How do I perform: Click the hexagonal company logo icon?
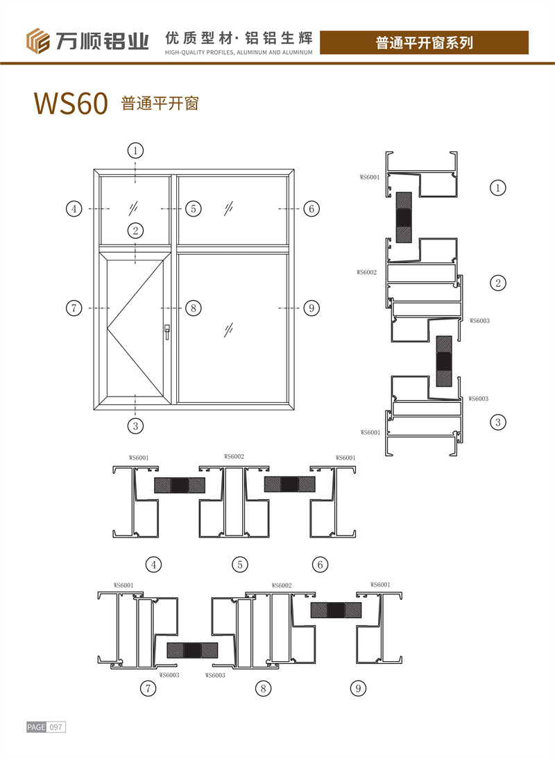coord(37,41)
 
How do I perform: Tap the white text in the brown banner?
coord(424,42)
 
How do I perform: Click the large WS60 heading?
coord(71,103)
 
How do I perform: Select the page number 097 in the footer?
coord(56,727)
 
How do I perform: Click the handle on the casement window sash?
coord(166,331)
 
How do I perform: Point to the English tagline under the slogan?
coord(239,52)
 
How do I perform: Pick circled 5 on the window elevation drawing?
coord(194,208)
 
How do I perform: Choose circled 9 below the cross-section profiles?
coord(358,688)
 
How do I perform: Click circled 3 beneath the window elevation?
coord(135,426)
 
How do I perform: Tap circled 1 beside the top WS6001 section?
coord(498,187)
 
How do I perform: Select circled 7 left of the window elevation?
coord(74,308)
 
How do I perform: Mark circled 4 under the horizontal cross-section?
coord(154,565)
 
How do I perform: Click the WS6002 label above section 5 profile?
coord(234,456)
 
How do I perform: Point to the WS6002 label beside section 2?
coord(366,272)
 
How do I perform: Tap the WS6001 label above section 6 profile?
coord(345,458)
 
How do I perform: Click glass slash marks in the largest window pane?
coord(229,330)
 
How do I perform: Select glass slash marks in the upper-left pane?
coord(133,208)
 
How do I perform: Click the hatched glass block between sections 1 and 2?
coord(404,217)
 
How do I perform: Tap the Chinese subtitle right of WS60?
coord(160,103)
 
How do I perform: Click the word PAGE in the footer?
coord(36,727)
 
